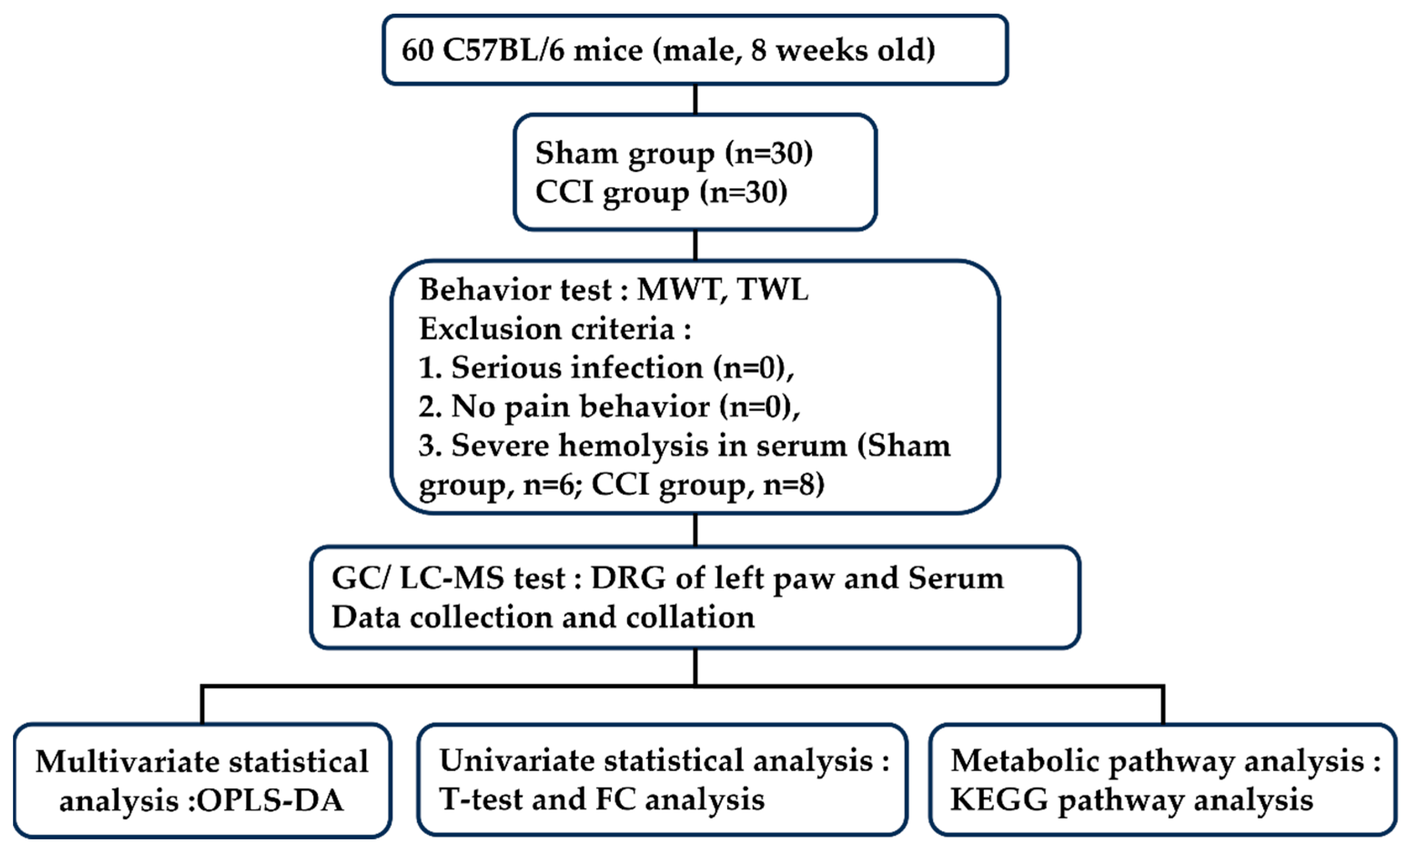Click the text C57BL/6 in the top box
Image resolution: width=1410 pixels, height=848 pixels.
click(503, 50)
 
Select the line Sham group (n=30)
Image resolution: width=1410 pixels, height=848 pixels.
click(674, 153)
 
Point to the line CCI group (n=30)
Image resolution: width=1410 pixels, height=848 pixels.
click(661, 192)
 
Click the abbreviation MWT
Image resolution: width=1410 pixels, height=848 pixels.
click(678, 290)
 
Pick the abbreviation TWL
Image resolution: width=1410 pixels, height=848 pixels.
click(773, 290)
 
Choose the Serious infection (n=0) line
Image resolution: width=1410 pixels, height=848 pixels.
click(606, 368)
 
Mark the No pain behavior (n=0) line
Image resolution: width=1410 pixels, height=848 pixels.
click(609, 407)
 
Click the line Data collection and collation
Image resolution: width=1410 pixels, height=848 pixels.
click(543, 618)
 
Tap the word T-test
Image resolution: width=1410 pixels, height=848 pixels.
click(481, 799)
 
